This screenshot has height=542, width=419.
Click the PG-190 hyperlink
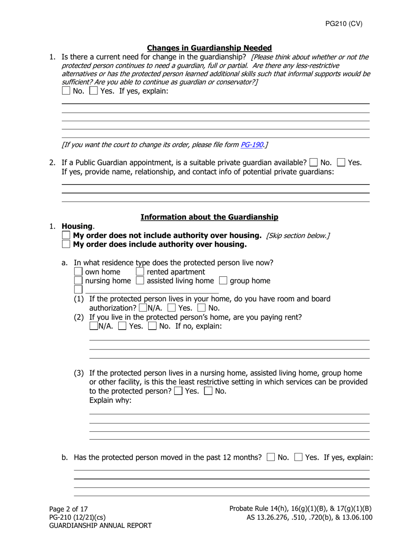click(x=251, y=145)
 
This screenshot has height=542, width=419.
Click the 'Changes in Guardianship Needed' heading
click(x=209, y=48)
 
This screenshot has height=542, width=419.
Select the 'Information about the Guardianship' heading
click(x=209, y=217)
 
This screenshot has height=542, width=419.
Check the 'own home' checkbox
click(x=78, y=272)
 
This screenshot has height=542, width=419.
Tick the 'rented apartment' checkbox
click(x=140, y=272)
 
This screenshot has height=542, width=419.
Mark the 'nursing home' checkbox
click(x=78, y=281)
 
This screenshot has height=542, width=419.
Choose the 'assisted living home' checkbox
click(x=140, y=281)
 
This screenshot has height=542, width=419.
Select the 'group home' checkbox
click(x=223, y=281)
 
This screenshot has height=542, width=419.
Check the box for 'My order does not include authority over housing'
click(x=66, y=235)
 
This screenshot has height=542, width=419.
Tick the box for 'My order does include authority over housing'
click(x=66, y=244)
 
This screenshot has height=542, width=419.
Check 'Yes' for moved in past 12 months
click(x=299, y=457)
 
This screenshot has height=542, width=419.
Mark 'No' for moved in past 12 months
click(x=271, y=457)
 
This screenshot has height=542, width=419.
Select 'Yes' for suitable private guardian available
click(x=341, y=163)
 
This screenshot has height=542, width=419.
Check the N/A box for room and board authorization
click(x=143, y=308)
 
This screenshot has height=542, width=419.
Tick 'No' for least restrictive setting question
click(x=208, y=391)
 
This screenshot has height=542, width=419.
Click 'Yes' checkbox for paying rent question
click(x=123, y=327)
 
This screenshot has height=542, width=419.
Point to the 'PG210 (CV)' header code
click(x=344, y=24)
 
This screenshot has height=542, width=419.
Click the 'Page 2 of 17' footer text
click(x=68, y=509)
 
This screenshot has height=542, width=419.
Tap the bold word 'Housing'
click(x=77, y=226)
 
